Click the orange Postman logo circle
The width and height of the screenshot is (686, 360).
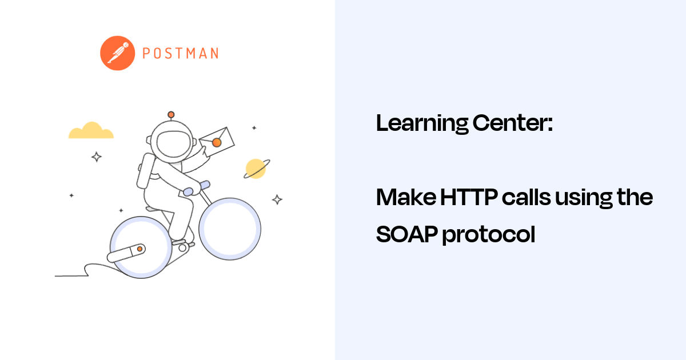(117, 53)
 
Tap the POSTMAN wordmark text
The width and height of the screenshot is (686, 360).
(180, 54)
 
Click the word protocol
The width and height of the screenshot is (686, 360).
(489, 235)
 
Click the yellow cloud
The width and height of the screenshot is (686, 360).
(91, 131)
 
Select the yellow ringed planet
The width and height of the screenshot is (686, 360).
(256, 169)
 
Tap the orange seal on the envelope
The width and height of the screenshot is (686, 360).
(217, 142)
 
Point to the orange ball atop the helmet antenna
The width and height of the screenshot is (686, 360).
(170, 114)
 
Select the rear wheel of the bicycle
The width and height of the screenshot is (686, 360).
(141, 250)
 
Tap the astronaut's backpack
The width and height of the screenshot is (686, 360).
(146, 171)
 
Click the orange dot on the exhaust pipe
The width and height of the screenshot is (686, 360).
(139, 249)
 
